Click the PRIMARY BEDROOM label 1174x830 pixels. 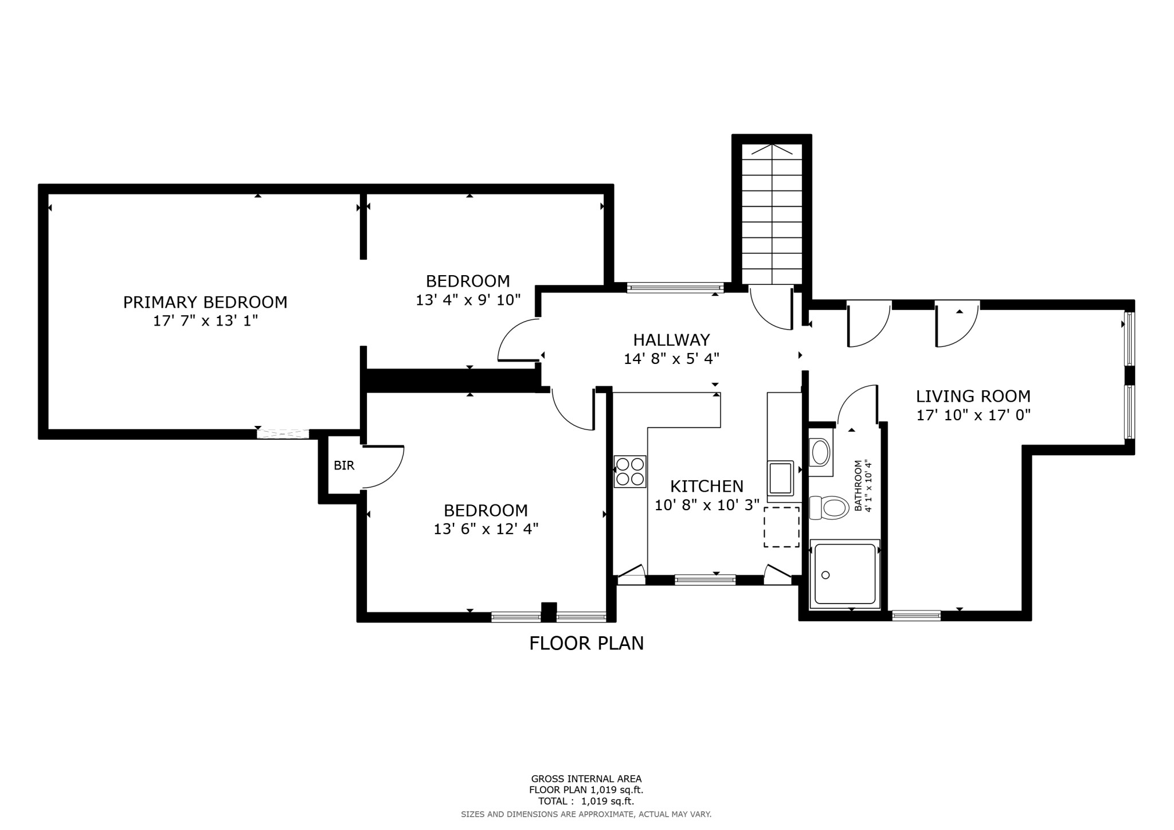205,302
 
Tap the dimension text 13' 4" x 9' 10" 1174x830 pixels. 468,300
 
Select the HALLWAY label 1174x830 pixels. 671,340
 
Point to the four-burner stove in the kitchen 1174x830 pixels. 629,471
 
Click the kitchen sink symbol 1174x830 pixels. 781,478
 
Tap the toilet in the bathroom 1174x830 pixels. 829,508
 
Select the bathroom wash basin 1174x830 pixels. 820,452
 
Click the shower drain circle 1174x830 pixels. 825,575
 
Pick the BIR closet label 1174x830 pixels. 344,465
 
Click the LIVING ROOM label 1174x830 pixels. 973,396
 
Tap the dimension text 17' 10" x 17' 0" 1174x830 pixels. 973,415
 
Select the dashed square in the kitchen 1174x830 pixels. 781,526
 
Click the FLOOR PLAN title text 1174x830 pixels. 586,643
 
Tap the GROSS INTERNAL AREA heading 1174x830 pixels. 586,778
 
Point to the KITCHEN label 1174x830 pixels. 706,486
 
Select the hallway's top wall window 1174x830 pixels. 675,288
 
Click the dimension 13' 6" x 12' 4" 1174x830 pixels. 486,528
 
